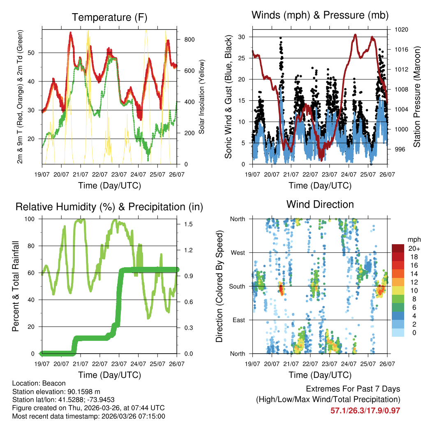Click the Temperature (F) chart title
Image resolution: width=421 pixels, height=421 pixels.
coord(109,17)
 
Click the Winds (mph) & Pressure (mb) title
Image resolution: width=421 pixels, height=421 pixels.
coord(320,15)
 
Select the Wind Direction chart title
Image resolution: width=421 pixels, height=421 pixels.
coord(320,204)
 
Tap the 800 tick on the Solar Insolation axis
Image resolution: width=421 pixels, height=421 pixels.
coord(190,39)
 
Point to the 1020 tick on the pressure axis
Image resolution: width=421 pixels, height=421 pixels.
coord(401,30)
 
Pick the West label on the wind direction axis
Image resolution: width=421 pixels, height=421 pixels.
coord(237,252)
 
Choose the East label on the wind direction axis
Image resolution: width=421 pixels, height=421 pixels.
coord(238,320)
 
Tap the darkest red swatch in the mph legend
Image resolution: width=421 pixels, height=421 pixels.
coord(398,248)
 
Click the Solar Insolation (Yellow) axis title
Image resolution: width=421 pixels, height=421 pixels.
coord(202,97)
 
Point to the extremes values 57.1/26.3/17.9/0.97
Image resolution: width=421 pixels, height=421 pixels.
coord(365,410)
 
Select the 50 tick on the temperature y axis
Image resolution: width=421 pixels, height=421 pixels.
coord(35,53)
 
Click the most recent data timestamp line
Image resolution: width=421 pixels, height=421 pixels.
coord(89,416)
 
